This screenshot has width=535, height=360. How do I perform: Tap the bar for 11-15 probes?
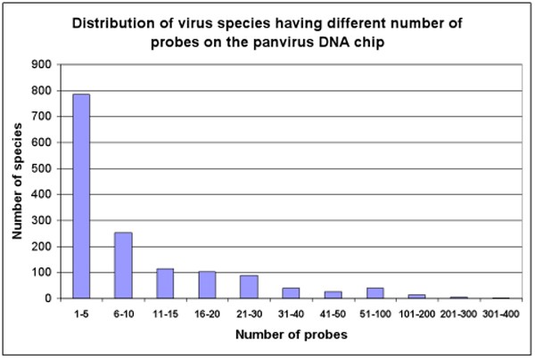point(165,283)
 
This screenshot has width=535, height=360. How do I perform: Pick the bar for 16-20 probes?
point(206,285)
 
